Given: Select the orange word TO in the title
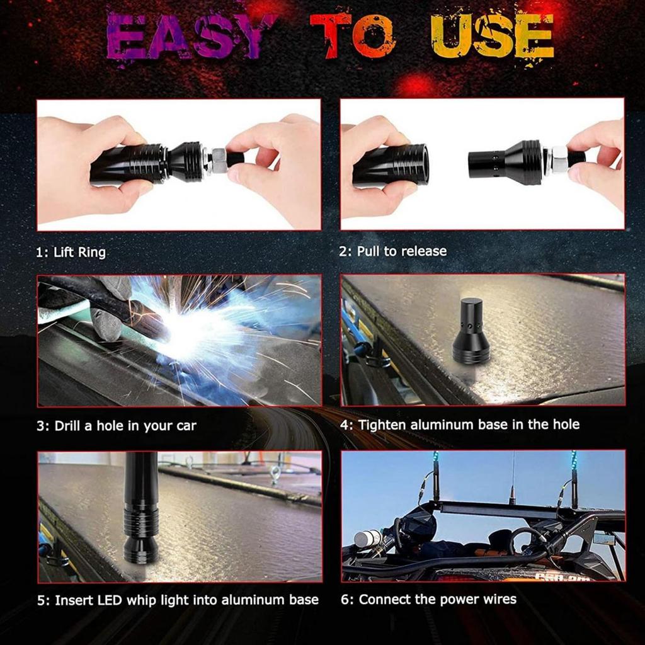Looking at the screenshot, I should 353,37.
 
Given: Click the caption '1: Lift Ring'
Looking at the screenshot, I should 71,253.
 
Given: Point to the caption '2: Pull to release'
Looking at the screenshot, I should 393,251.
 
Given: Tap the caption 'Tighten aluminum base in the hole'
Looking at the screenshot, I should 460,425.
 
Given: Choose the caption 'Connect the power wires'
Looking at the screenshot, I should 428,598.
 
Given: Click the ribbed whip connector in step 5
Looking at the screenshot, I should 140,526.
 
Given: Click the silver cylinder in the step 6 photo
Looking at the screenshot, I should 367,539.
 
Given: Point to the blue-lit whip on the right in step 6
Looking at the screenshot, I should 574,479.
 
